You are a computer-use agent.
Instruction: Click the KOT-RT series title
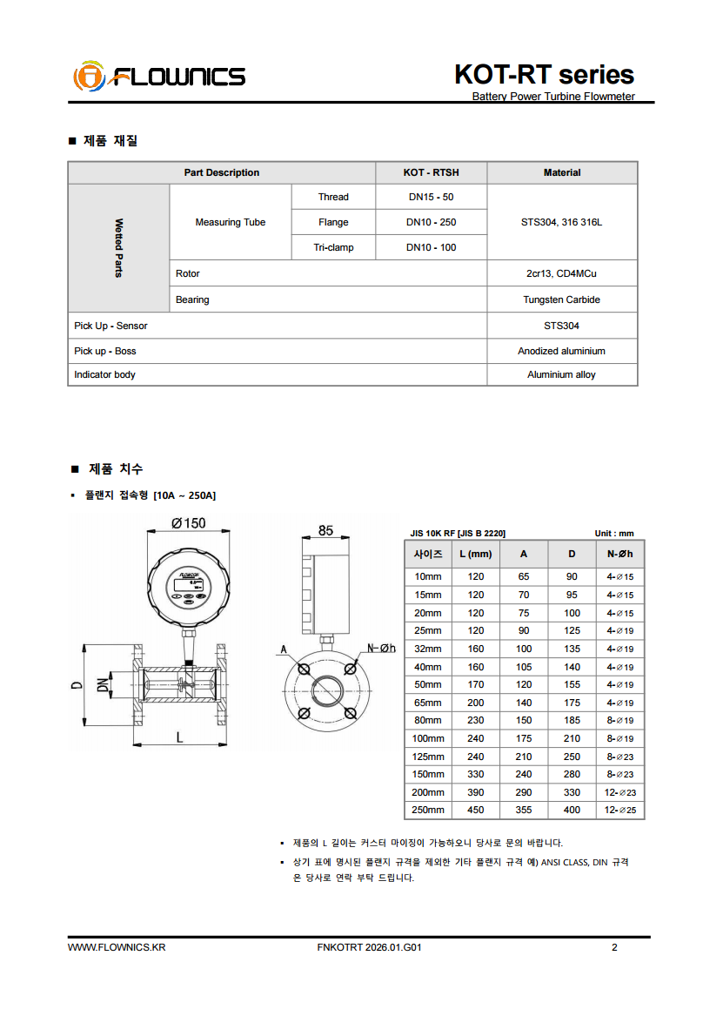(x=544, y=74)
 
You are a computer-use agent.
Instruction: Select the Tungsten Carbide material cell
(x=561, y=299)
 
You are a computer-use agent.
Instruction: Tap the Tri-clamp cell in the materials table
(x=333, y=247)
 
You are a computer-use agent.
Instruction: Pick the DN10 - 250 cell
(x=431, y=222)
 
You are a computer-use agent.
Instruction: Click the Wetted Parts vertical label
(x=118, y=247)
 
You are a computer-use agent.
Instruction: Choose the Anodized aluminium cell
(x=561, y=351)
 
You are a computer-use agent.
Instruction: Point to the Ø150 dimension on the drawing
(x=189, y=523)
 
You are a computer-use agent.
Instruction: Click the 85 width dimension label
(x=325, y=529)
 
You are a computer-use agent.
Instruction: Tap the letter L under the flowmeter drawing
(x=180, y=737)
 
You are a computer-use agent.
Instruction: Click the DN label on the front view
(x=102, y=685)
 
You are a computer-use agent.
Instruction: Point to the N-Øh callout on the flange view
(x=381, y=648)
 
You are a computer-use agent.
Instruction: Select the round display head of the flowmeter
(x=190, y=588)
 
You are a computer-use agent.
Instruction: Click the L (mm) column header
(x=476, y=554)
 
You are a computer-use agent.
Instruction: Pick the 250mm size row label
(x=428, y=810)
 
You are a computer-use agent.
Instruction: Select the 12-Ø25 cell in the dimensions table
(x=620, y=810)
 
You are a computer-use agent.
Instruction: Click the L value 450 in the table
(x=476, y=810)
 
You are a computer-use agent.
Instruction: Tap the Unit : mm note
(x=614, y=533)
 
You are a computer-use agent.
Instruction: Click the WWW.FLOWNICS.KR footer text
(x=117, y=947)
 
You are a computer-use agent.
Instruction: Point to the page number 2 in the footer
(x=614, y=947)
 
